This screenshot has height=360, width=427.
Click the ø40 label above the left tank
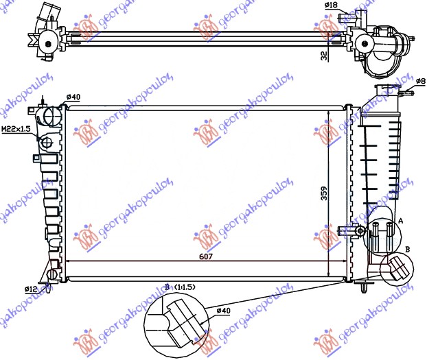73,97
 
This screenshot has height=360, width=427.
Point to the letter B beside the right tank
408,250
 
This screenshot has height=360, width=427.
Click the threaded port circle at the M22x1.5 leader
47,143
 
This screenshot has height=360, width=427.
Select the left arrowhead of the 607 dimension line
68,261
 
